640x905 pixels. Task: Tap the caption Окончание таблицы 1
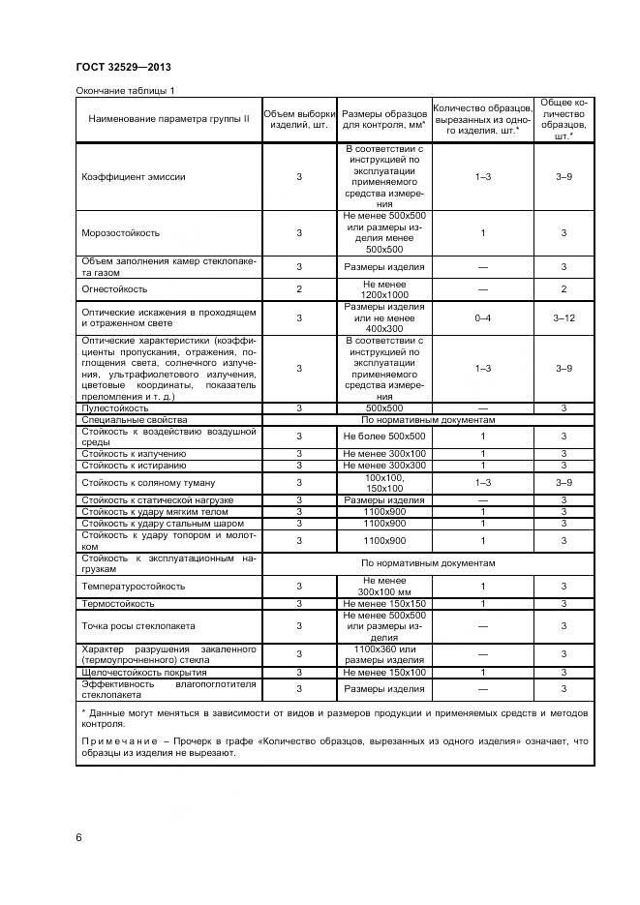coord(125,91)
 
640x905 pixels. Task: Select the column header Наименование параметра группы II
coord(168,119)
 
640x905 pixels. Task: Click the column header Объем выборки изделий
coord(299,119)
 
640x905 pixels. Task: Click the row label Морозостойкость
coord(121,233)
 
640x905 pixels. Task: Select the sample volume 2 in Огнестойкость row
coord(299,289)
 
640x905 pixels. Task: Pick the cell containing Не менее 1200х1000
coord(384,289)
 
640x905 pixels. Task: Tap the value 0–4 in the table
coord(483,317)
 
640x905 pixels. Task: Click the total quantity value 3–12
coord(564,317)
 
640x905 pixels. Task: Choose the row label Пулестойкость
coord(115,408)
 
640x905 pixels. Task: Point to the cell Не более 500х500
coord(384,437)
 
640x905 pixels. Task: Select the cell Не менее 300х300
coord(384,466)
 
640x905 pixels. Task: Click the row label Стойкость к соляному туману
coord(148,482)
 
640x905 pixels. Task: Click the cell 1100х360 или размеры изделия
coord(384,653)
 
